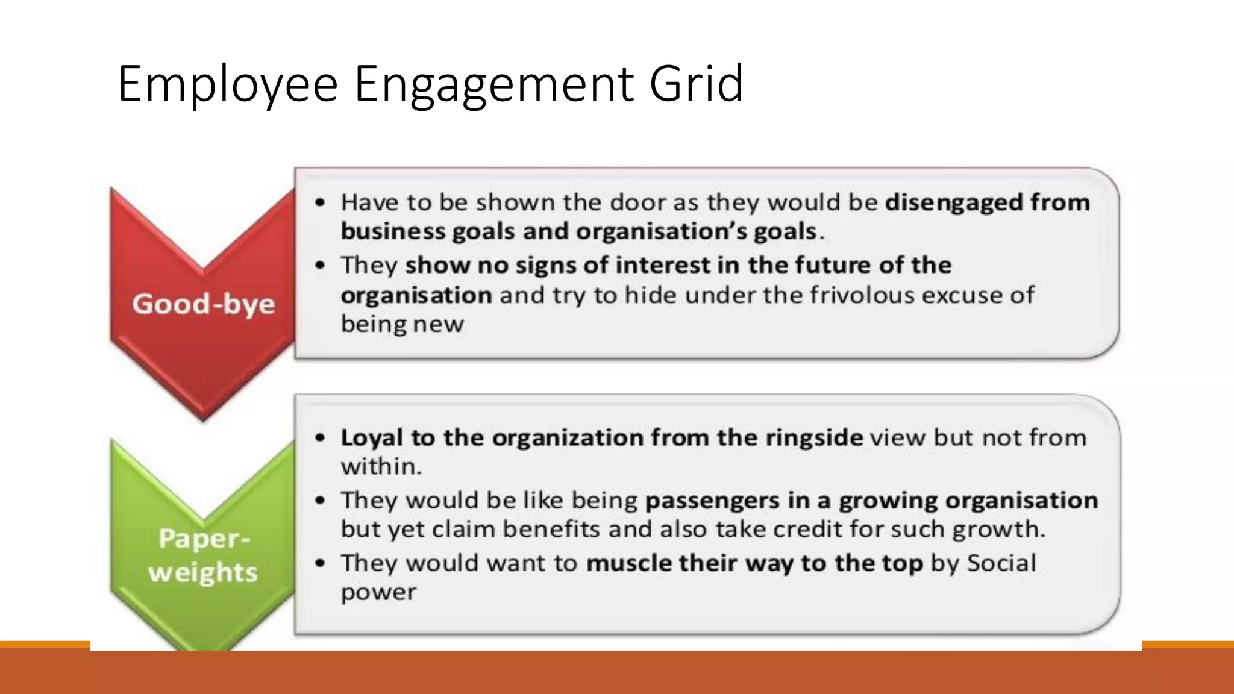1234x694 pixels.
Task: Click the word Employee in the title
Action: [x=228, y=84]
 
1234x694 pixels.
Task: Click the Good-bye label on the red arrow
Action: [x=204, y=304]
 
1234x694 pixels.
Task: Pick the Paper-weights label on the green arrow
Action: [x=204, y=555]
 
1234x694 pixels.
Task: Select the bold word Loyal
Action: [x=371, y=438]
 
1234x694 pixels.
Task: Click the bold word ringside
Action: [x=813, y=438]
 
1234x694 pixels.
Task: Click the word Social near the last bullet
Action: [x=1001, y=563]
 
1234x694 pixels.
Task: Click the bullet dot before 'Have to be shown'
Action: [x=321, y=203]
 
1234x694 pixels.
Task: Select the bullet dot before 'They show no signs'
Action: [x=321, y=266]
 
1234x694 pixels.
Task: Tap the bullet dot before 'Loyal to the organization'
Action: [x=321, y=438]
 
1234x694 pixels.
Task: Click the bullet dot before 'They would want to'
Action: [x=321, y=563]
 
